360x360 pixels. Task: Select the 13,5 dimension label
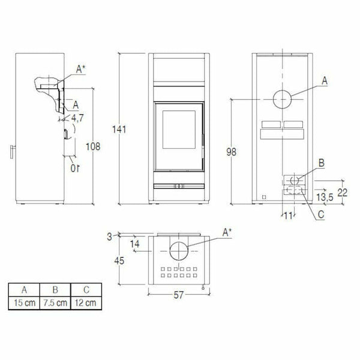point(325,196)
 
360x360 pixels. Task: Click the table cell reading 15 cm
point(22,303)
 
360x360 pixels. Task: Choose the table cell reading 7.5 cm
point(54,303)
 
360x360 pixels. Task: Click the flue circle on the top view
point(179,251)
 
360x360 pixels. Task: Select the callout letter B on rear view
point(322,163)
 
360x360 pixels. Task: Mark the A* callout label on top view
point(227,232)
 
